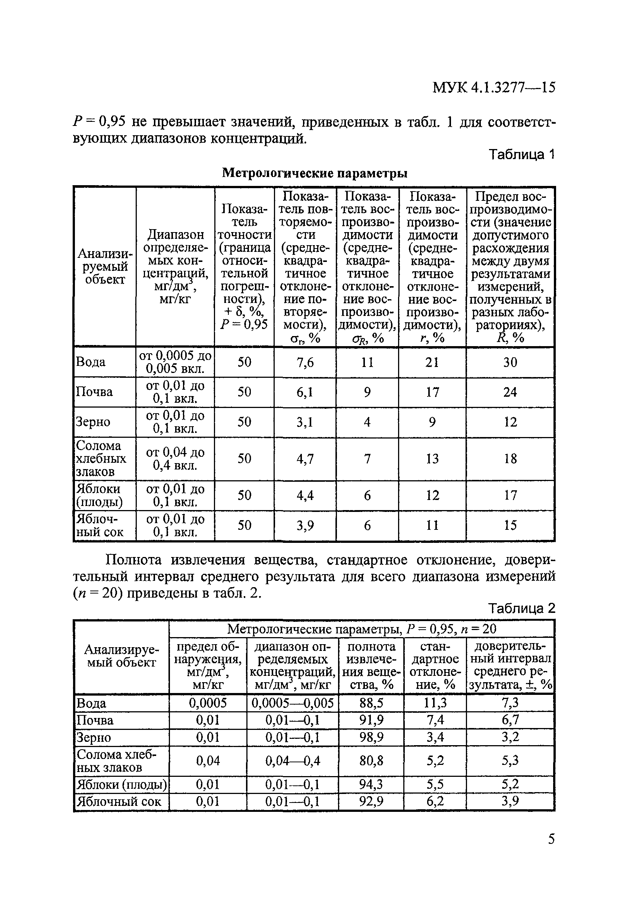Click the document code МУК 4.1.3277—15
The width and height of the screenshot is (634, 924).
point(493,87)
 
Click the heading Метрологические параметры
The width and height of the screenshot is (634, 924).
point(315,173)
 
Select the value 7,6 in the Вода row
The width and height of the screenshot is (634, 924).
point(305,362)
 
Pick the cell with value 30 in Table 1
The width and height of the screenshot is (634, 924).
point(510,362)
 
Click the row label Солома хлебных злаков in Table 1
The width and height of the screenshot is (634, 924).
point(101,458)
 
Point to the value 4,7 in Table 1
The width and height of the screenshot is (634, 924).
point(305,459)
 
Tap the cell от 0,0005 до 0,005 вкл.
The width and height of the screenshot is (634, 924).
point(175,362)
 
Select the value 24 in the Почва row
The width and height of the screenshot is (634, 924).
point(510,392)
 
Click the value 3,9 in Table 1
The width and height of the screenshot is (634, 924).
point(305,526)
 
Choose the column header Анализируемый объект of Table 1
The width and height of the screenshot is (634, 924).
point(105,266)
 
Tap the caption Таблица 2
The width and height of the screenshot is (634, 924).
point(521,609)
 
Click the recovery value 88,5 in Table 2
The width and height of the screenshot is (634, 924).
point(371,703)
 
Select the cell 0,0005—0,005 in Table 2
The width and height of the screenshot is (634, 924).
point(292,703)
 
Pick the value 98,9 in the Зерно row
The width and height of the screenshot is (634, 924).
point(371,738)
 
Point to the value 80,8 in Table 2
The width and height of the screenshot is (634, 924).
point(371,761)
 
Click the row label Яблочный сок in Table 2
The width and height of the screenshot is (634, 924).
point(119,801)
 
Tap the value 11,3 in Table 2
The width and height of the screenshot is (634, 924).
point(435,703)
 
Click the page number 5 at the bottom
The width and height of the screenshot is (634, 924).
point(551,839)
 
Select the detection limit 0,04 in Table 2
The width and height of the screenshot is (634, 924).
point(208,761)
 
